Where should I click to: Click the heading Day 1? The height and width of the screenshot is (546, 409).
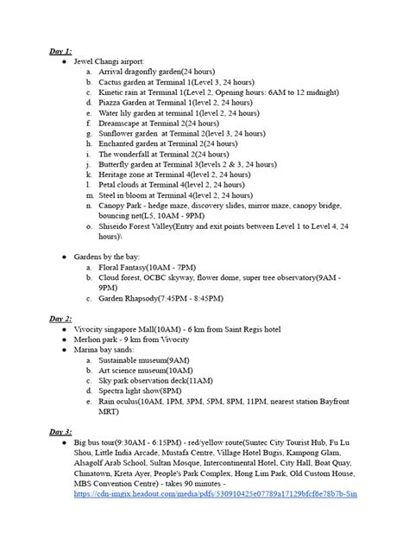click(60, 52)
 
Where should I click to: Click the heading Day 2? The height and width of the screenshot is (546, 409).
click(60, 318)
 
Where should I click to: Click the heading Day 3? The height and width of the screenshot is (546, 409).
click(60, 430)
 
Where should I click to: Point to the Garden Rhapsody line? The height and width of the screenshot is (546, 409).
click(160, 298)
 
